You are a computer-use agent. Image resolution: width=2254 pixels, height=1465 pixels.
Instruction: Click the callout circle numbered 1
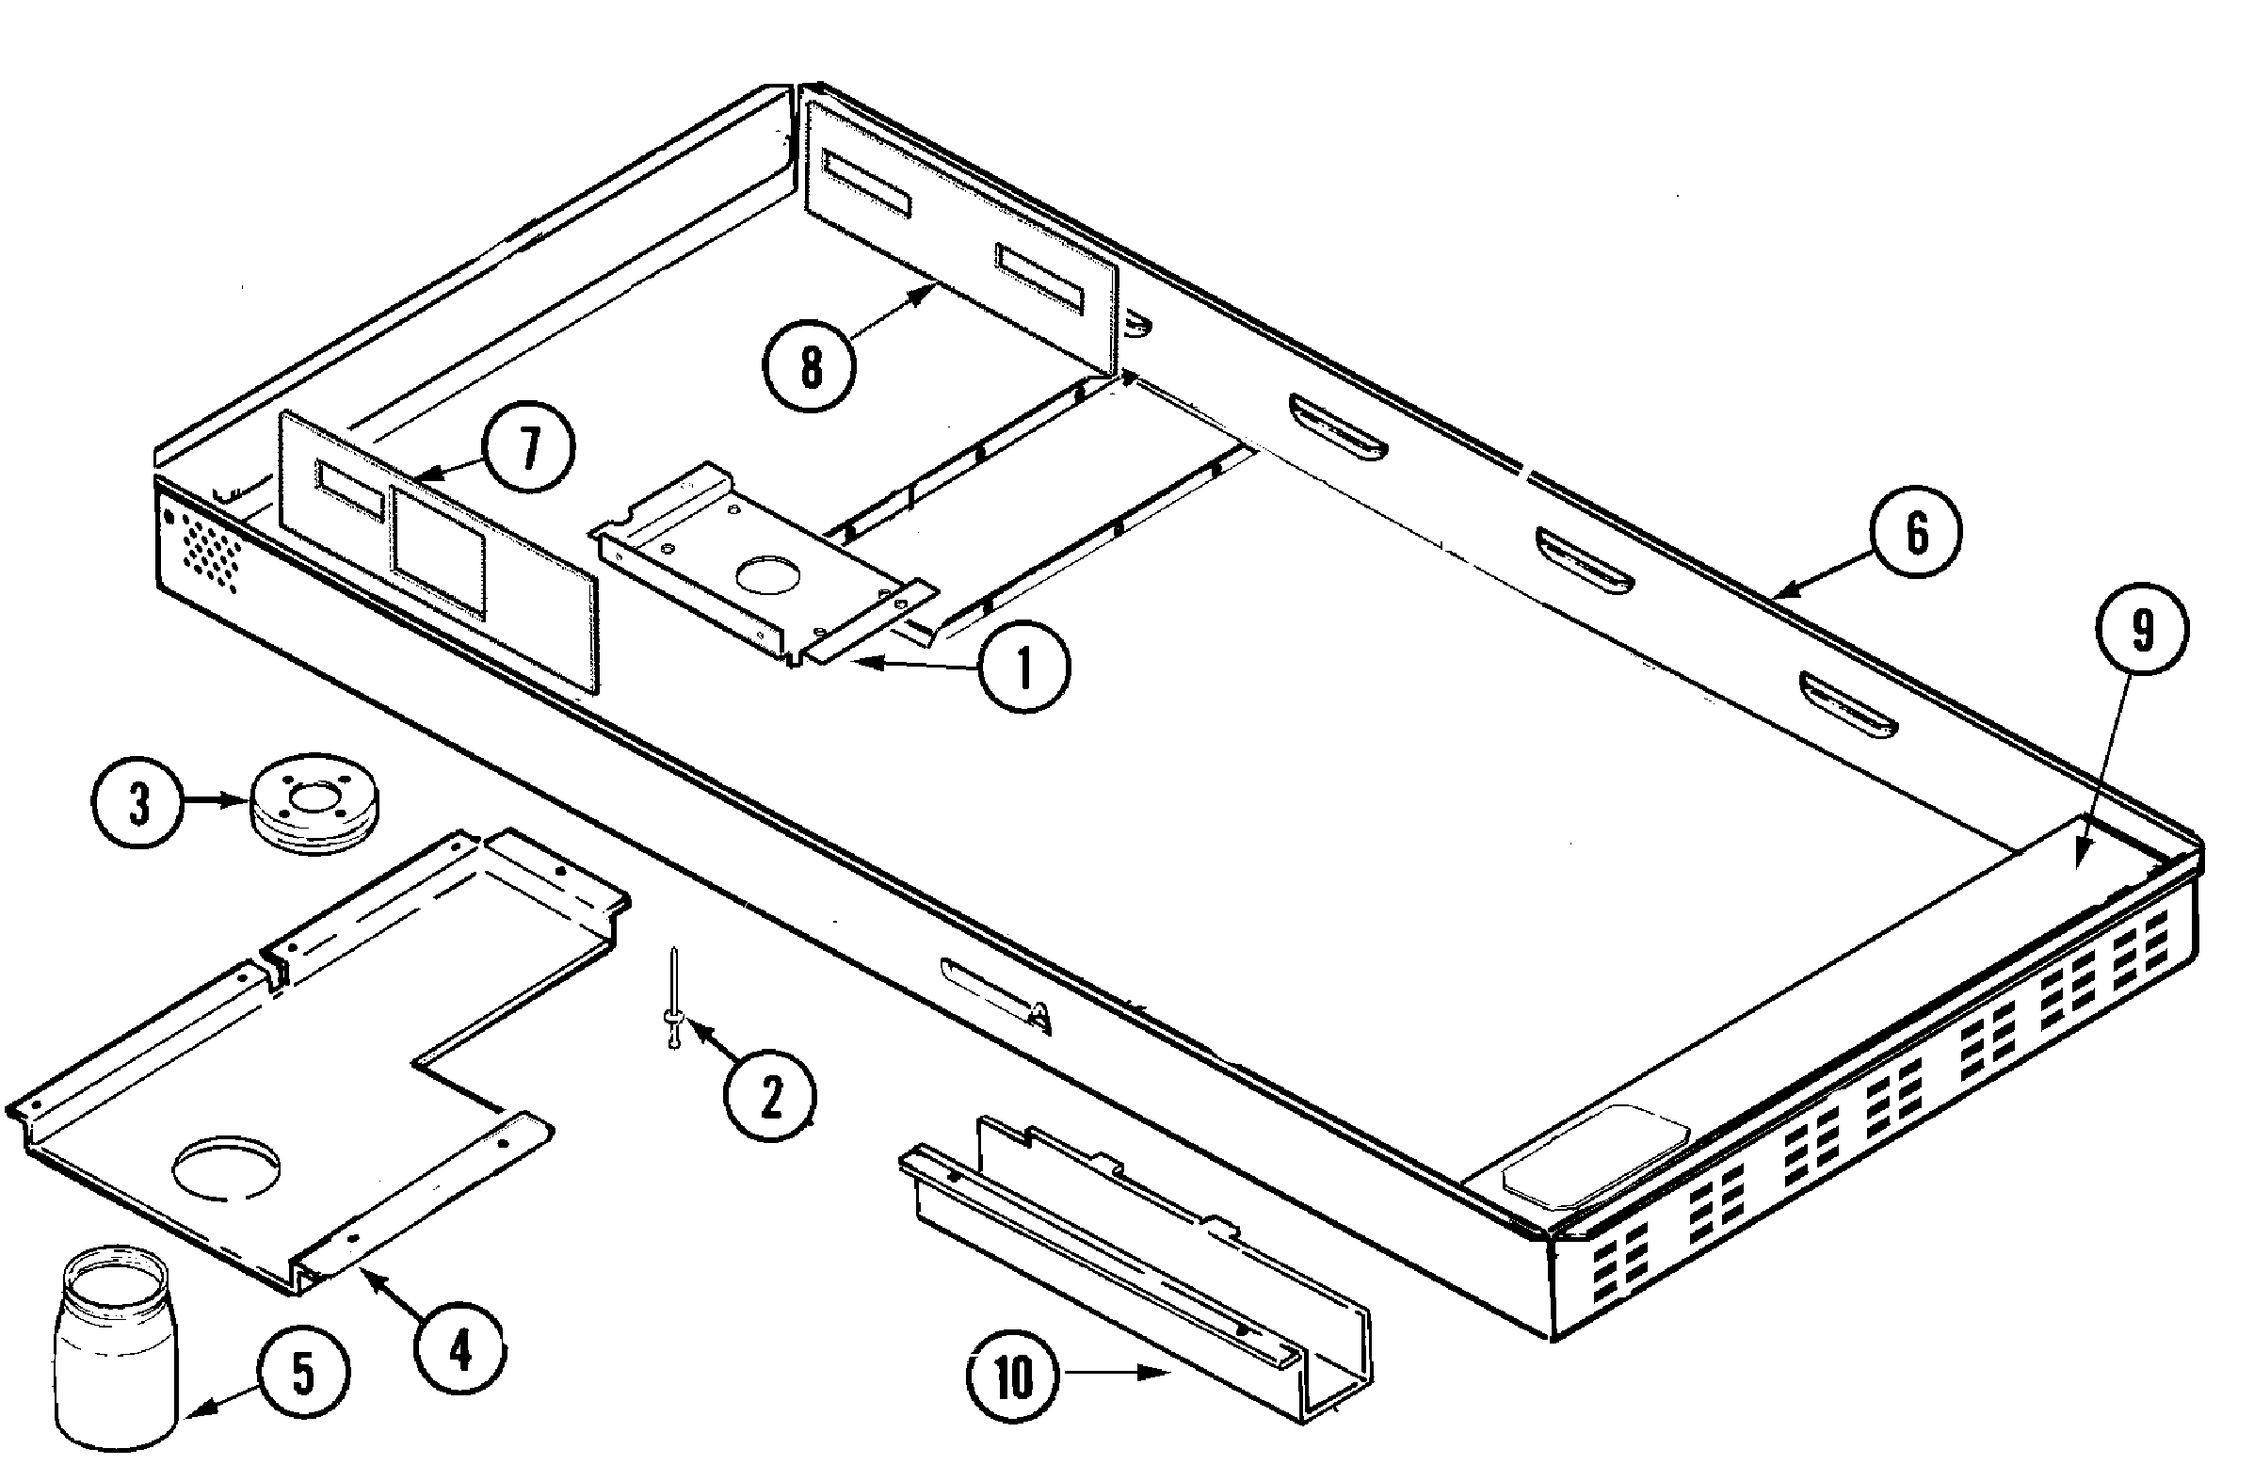[1024, 668]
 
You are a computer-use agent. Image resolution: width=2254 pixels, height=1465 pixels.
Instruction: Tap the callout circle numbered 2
[770, 1098]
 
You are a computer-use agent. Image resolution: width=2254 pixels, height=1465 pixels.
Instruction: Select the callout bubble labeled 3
[138, 807]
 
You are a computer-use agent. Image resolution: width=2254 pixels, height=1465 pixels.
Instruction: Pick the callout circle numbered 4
[460, 1352]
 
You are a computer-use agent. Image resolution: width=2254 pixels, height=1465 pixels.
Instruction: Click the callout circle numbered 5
[303, 1373]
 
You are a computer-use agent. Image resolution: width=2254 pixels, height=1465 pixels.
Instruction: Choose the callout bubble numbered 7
[528, 447]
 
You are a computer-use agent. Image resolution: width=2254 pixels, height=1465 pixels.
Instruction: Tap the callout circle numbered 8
[811, 367]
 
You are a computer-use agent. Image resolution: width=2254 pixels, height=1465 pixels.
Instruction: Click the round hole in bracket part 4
[226, 1164]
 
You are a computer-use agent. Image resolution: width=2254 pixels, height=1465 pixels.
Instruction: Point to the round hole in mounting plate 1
[769, 576]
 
